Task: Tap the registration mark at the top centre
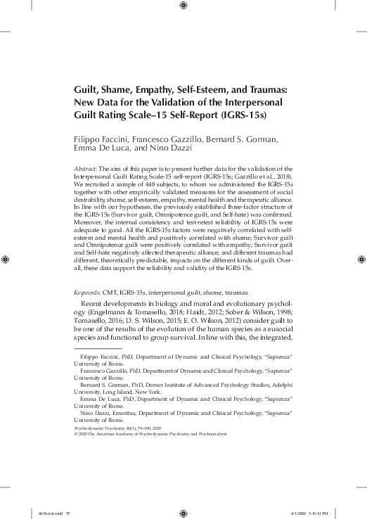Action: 183,6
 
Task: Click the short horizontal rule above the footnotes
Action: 98,347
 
